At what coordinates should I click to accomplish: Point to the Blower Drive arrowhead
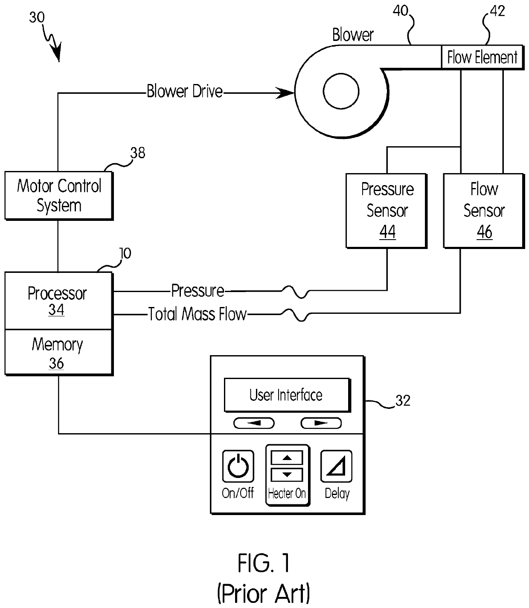pyautogui.click(x=285, y=93)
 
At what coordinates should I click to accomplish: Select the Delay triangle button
pyautogui.click(x=336, y=466)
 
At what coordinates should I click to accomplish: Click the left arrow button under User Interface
pyautogui.click(x=254, y=423)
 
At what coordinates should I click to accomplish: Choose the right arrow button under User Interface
pyautogui.click(x=321, y=423)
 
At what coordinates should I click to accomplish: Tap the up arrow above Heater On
pyautogui.click(x=287, y=457)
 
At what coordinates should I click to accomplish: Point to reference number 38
pyautogui.click(x=138, y=153)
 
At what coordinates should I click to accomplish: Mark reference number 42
pyautogui.click(x=497, y=11)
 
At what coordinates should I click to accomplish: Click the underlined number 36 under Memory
pyautogui.click(x=56, y=363)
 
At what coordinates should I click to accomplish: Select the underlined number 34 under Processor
pyautogui.click(x=56, y=310)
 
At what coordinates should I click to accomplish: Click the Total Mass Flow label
pyautogui.click(x=198, y=314)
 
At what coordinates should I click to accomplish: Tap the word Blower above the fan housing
pyautogui.click(x=353, y=35)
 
